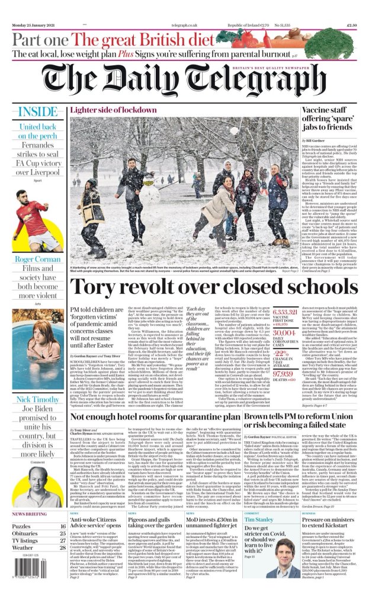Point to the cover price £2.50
tap(351, 25)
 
